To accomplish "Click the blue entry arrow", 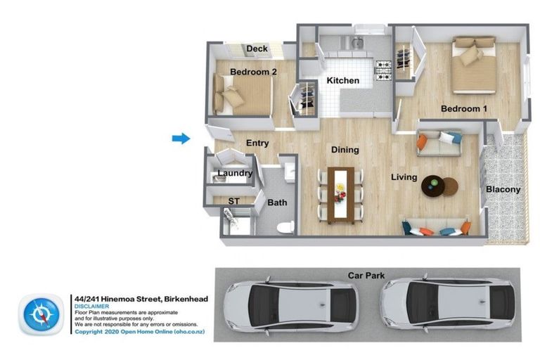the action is [181, 139].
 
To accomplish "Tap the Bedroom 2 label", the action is [253, 72].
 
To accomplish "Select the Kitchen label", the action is [343, 81].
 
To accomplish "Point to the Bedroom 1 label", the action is [464, 109].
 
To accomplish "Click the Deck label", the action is [257, 49].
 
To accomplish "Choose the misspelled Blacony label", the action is [503, 189].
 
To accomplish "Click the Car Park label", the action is [366, 276].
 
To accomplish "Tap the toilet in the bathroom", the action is [285, 227].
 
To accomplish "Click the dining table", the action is [340, 195].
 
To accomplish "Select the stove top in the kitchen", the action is [383, 70].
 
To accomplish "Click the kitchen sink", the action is [356, 44].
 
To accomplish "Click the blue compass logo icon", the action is [41, 314].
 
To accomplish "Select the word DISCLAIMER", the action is [91, 307].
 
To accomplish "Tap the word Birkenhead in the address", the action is [186, 299].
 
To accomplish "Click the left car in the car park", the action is [291, 306].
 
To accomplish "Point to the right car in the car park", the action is [447, 304].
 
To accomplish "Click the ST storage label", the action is [233, 201].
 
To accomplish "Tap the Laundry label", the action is [236, 173].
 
